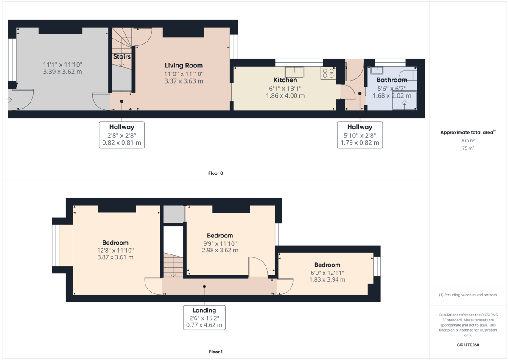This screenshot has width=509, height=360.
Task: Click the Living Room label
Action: (184, 66)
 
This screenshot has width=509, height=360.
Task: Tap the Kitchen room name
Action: (285, 80)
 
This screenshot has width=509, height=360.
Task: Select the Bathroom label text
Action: (392, 80)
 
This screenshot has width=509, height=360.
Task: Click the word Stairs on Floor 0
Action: (122, 56)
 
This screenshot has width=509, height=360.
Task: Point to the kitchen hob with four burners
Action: (328, 73)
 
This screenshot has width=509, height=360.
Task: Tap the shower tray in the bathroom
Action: (404, 100)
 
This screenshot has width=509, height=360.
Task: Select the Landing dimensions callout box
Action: (204, 317)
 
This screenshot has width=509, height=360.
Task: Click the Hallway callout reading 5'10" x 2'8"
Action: (360, 135)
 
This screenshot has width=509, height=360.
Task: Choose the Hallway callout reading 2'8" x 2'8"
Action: (122, 135)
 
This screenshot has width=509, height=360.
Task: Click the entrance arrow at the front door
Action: (10, 100)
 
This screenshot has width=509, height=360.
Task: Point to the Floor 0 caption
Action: (215, 173)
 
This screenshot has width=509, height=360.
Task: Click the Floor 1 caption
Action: (215, 352)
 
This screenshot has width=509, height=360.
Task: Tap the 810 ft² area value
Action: (468, 140)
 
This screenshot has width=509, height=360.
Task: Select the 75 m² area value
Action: (468, 148)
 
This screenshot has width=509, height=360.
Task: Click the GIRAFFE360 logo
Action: (468, 345)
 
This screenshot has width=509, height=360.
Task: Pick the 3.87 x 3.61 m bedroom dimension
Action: (115, 257)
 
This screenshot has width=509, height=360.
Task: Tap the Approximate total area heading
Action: (467, 133)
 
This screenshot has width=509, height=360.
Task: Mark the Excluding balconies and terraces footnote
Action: (468, 295)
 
